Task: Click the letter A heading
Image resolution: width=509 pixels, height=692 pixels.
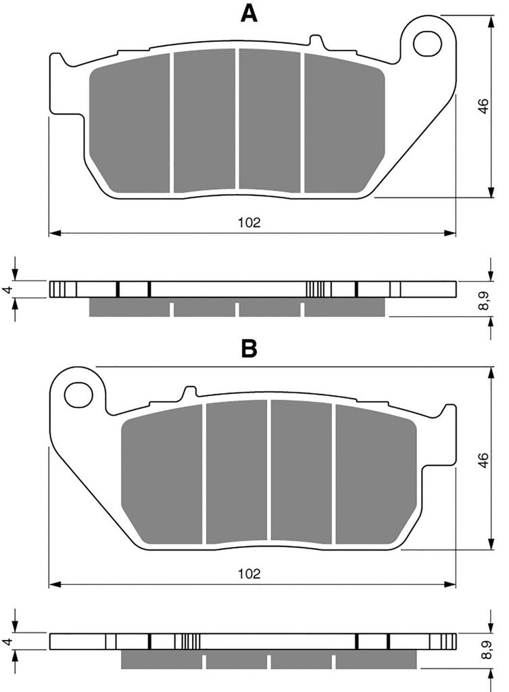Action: point(249,14)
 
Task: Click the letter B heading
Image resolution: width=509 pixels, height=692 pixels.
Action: point(249,348)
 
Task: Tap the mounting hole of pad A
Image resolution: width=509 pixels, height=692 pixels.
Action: point(427,43)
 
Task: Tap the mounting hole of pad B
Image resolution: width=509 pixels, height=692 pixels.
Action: point(78,395)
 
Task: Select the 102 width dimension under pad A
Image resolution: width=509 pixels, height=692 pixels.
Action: point(249,222)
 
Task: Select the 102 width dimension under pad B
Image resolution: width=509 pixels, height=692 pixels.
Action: point(249,574)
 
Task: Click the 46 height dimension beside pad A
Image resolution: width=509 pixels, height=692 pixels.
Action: point(484,106)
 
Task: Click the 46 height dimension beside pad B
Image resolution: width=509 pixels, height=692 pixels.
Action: point(484,460)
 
